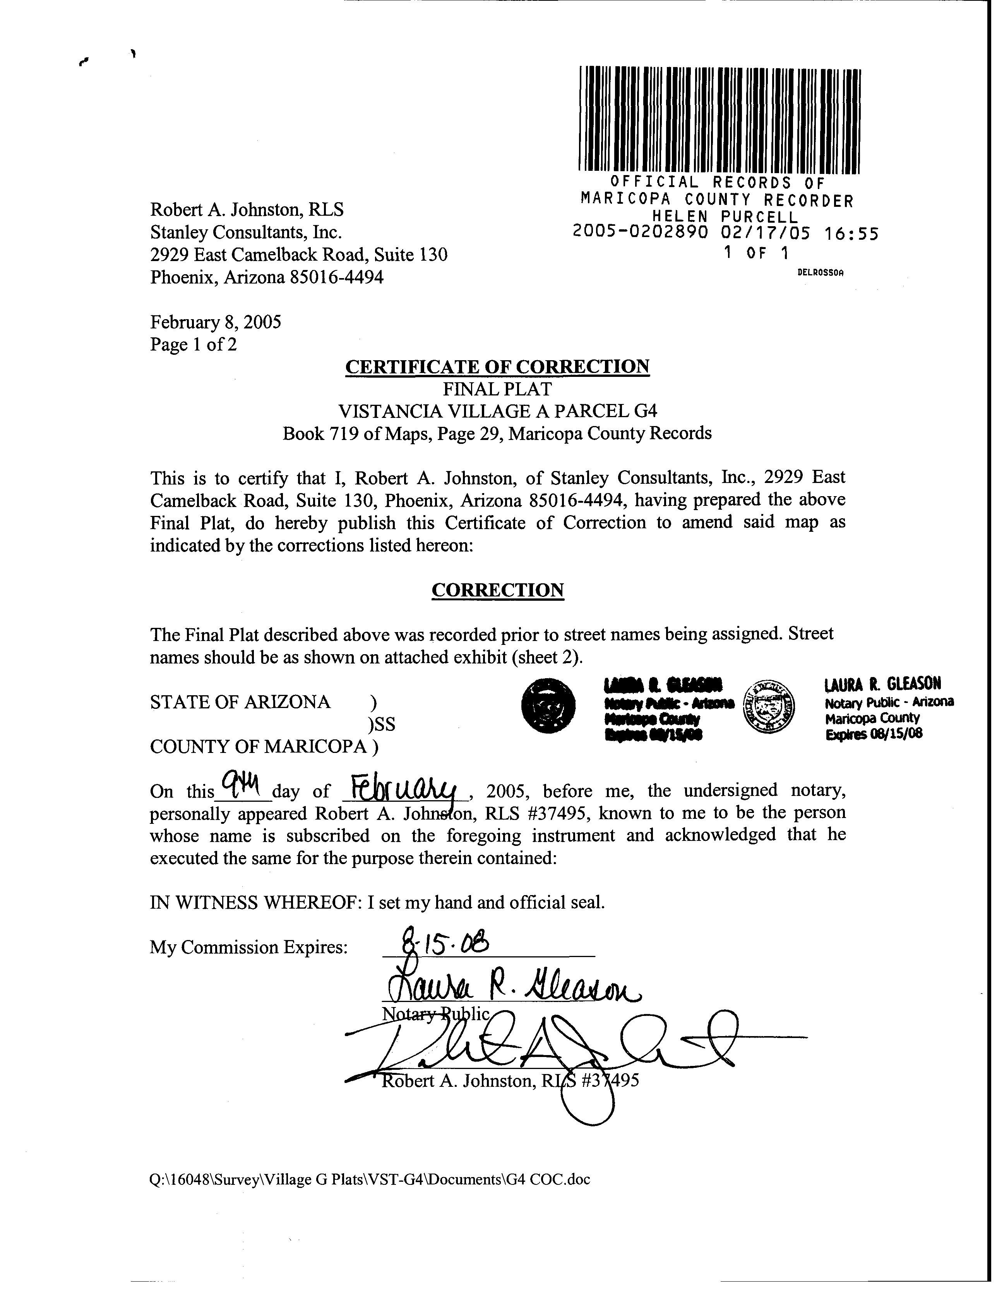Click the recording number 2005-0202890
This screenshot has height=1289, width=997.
tap(640, 233)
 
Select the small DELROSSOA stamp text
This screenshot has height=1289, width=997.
tap(820, 273)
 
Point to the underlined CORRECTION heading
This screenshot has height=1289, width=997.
tap(497, 590)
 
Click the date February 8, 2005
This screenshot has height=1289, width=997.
tap(215, 322)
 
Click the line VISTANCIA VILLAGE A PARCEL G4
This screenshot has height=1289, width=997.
tap(497, 411)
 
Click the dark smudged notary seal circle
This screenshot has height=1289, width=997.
tap(549, 706)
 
